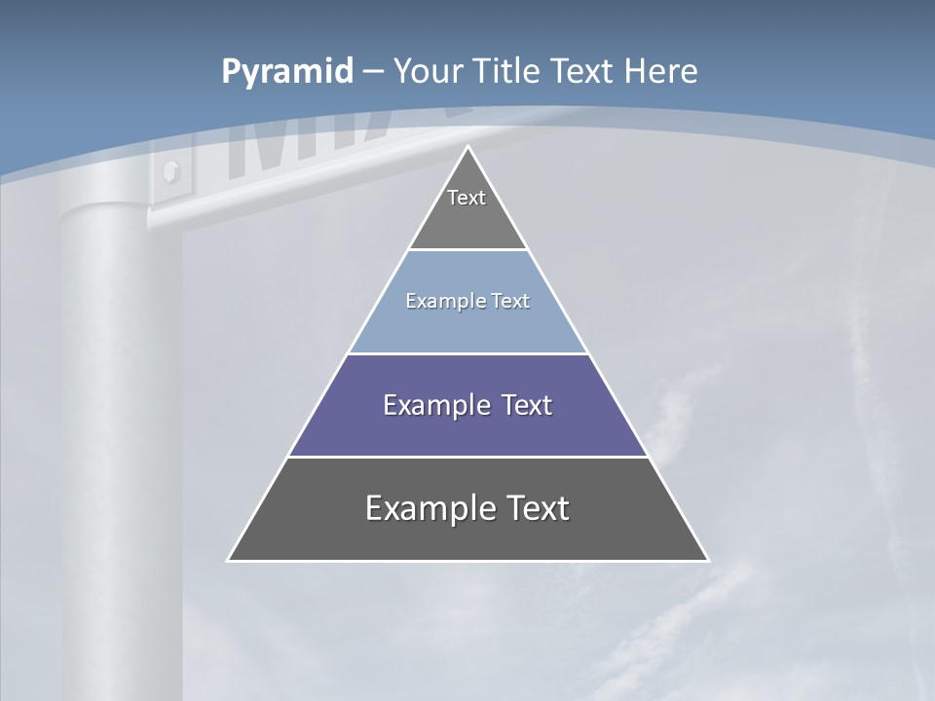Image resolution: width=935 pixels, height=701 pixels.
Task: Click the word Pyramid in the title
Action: (286, 72)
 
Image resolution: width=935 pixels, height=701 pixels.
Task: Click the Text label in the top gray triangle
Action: (467, 199)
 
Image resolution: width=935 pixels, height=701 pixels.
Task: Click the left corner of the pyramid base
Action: (229, 560)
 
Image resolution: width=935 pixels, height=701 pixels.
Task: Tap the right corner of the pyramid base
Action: (707, 560)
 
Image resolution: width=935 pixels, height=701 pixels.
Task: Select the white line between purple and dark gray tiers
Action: (468, 457)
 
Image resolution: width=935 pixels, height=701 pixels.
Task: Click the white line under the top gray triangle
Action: (468, 250)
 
